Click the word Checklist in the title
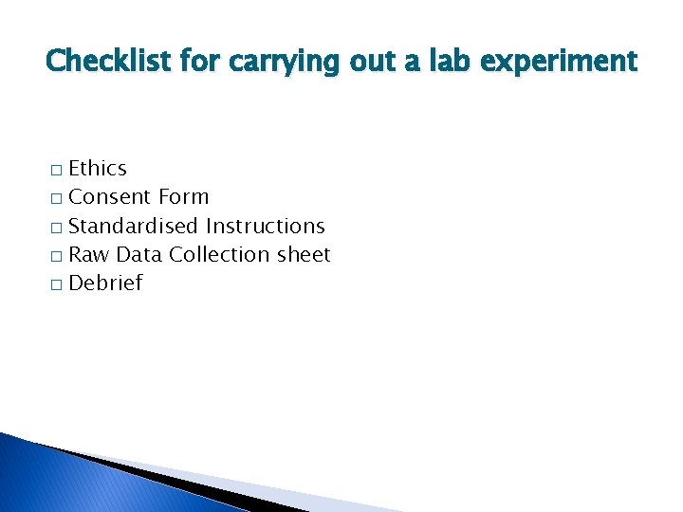tap(98, 62)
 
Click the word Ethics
tap(98, 169)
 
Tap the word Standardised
tap(134, 226)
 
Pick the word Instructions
tap(265, 226)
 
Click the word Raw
tap(89, 254)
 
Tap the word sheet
tap(304, 254)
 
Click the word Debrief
tap(105, 283)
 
